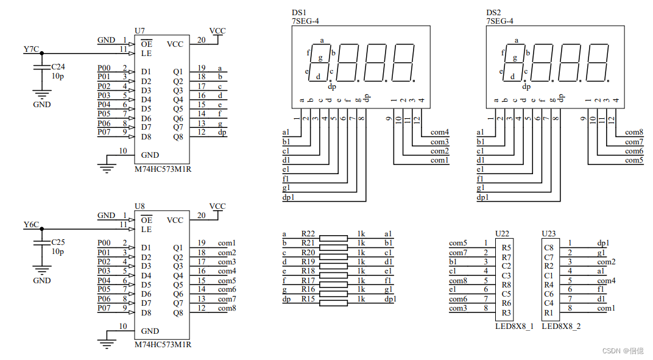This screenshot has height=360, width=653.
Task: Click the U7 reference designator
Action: (x=140, y=30)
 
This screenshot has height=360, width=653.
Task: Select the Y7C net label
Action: (x=31, y=49)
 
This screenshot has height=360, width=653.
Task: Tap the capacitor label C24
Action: (x=58, y=66)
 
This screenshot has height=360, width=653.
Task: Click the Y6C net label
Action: (x=31, y=225)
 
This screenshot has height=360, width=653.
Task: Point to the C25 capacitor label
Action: (x=58, y=242)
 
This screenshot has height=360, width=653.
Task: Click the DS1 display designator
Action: (x=298, y=12)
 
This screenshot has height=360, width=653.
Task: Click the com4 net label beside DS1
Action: (x=440, y=132)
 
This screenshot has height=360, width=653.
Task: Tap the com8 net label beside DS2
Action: (x=634, y=132)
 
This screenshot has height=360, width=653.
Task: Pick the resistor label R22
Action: (x=308, y=234)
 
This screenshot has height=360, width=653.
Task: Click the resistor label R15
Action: (x=308, y=298)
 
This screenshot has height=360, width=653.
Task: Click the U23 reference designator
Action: (x=548, y=234)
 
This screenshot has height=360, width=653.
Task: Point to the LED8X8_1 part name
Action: (x=514, y=326)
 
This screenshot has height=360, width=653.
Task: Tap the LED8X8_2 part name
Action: (x=561, y=326)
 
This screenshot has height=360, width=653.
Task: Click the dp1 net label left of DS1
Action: (x=289, y=197)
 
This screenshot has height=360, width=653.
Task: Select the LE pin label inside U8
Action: (x=146, y=229)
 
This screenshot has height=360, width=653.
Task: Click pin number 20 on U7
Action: (x=201, y=40)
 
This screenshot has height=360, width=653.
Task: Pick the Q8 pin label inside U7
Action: (x=178, y=136)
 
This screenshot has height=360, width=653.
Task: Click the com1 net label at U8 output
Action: (x=227, y=243)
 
